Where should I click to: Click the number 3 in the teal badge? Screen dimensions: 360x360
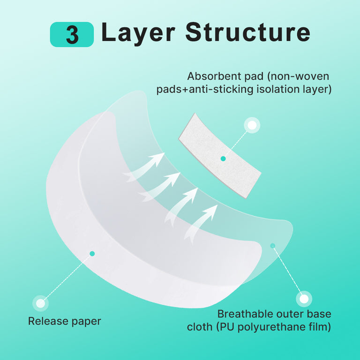point(72,35)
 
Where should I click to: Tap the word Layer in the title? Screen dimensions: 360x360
point(138,32)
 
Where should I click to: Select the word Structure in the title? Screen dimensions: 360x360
point(247,32)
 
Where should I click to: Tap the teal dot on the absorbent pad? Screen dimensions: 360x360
point(223,159)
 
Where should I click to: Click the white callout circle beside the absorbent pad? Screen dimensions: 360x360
point(252,125)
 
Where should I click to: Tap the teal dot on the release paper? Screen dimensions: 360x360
point(92,254)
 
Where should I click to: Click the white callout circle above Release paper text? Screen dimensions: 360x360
point(40,303)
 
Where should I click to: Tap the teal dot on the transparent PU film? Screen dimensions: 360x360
point(273,245)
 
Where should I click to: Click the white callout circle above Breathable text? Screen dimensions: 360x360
point(304,299)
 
